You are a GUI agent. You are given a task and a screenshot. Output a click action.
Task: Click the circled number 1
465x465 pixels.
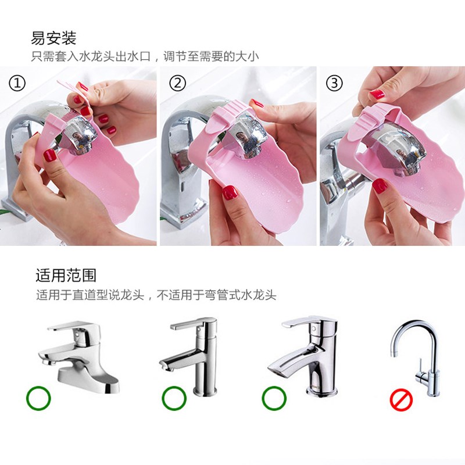(x=17, y=83)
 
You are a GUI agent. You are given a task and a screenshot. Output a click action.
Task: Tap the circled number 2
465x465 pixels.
(x=178, y=83)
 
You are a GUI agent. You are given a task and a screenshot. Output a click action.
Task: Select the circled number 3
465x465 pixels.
(x=334, y=83)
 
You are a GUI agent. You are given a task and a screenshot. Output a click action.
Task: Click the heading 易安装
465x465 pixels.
(x=53, y=38)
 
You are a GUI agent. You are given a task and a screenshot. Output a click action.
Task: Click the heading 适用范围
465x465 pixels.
(x=66, y=276)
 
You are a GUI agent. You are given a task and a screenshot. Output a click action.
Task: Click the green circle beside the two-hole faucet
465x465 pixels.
(x=38, y=398)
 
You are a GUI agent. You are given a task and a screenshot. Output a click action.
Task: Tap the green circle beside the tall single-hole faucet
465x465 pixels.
(x=174, y=398)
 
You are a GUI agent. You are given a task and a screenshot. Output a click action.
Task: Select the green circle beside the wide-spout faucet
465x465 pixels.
(x=274, y=398)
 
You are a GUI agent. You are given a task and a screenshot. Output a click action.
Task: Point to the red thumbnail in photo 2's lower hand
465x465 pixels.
(x=230, y=192)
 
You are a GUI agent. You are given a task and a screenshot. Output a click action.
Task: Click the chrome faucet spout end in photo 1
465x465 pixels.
(x=80, y=134)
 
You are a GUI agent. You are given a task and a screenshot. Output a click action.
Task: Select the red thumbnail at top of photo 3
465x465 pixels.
(x=377, y=94)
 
